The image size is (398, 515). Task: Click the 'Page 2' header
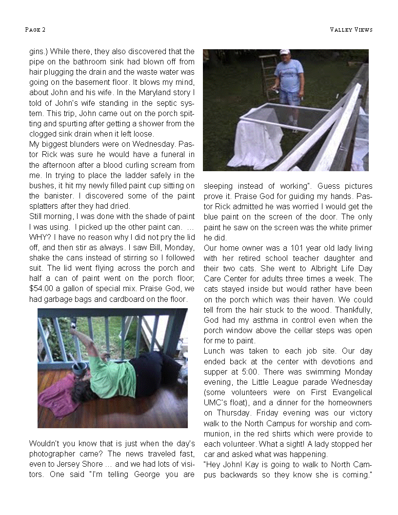(35, 30)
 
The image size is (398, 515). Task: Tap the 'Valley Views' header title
(351, 30)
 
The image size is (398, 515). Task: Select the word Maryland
(158, 93)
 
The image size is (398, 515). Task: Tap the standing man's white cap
(284, 52)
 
